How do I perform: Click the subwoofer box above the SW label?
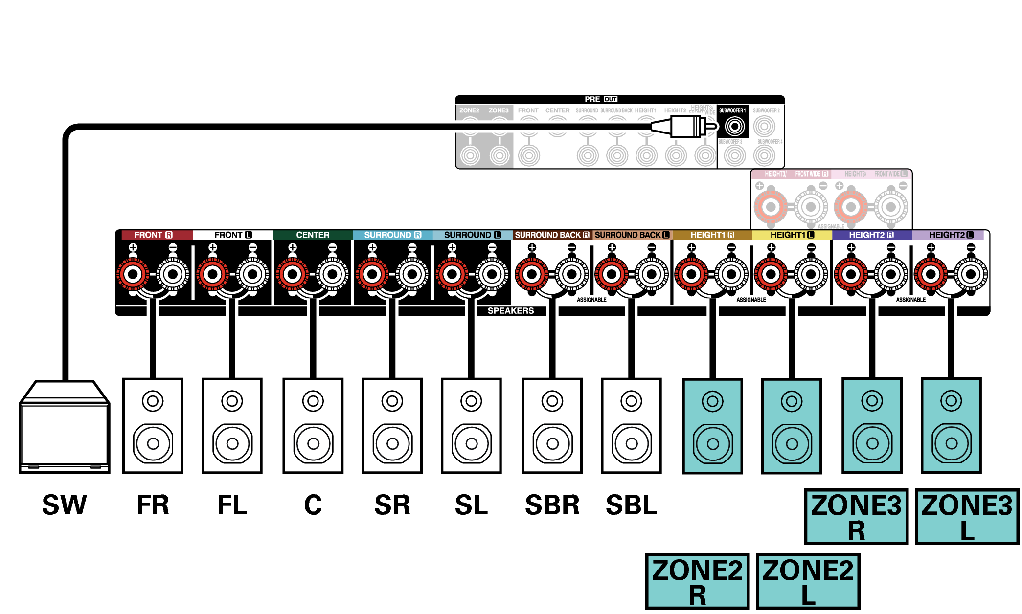[x=64, y=428]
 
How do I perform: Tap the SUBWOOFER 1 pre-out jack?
[x=734, y=127]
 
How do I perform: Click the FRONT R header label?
[x=154, y=235]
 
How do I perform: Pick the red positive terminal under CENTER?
[x=292, y=274]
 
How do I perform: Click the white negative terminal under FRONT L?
[x=252, y=274]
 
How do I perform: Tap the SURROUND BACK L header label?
[x=632, y=235]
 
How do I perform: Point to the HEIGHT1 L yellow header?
[x=792, y=235]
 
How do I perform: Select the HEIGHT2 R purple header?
[x=871, y=235]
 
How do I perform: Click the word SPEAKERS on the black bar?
[x=510, y=311]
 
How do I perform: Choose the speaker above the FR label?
[x=153, y=425]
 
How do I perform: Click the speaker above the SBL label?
[x=631, y=425]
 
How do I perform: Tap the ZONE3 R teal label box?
[x=856, y=517]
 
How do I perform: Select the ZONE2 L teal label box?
[x=808, y=581]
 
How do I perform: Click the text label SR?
[x=392, y=505]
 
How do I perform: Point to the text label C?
[x=313, y=505]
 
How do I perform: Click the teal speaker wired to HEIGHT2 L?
[x=951, y=425]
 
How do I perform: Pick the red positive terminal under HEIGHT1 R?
[x=691, y=274]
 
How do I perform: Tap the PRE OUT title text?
[x=601, y=99]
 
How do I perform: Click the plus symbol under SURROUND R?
[x=372, y=247]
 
